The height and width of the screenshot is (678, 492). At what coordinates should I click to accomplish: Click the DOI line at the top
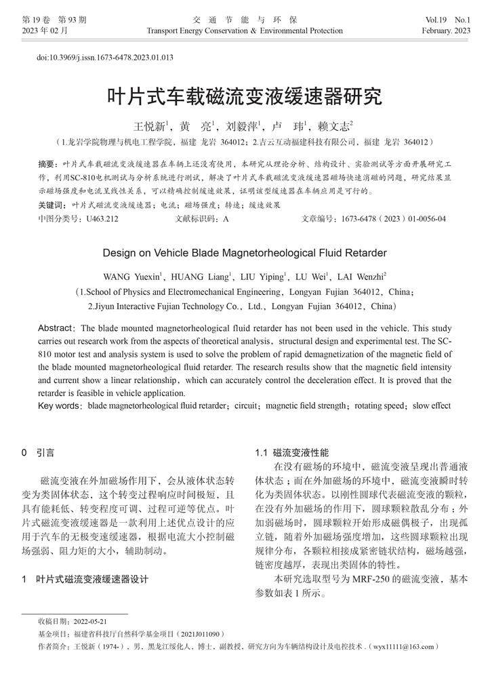tap(105, 58)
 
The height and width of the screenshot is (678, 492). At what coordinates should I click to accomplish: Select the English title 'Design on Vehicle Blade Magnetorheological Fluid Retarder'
tap(245, 253)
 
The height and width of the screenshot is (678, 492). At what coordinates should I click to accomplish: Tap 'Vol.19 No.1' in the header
tap(449, 20)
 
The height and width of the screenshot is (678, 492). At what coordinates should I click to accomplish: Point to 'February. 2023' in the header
tap(446, 31)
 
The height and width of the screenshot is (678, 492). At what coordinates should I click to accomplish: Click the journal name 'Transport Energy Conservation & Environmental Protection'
tap(245, 31)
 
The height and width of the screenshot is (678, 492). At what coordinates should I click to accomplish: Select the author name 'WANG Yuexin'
tap(132, 277)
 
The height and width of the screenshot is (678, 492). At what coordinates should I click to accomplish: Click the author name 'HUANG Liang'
tap(203, 277)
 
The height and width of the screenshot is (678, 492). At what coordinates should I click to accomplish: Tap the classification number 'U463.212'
tap(100, 219)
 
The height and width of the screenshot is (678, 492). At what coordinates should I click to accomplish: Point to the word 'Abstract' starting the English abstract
tap(56, 328)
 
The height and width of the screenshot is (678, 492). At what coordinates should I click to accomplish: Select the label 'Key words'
tap(59, 406)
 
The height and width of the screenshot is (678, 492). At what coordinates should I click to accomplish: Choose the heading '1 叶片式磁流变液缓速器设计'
tap(85, 580)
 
